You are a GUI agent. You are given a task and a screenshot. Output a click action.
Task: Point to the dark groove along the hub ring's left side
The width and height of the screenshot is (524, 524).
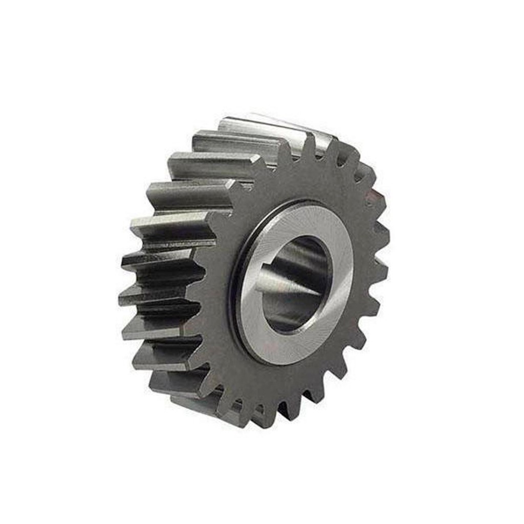click(236, 287)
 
